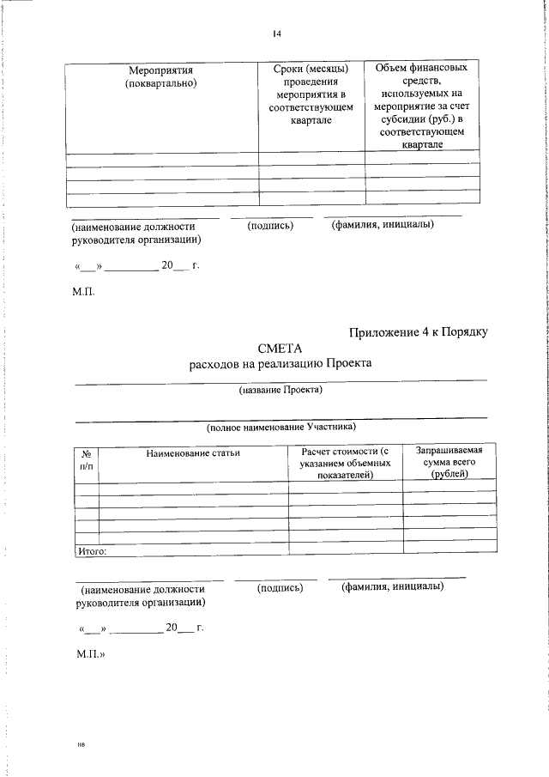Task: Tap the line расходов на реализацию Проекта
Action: pos(281,363)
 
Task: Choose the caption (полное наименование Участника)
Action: pos(281,426)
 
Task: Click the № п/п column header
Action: pos(87,458)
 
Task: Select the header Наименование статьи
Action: pos(193,452)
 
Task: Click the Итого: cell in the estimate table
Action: pos(92,551)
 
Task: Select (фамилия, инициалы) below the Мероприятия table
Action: pos(383,225)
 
